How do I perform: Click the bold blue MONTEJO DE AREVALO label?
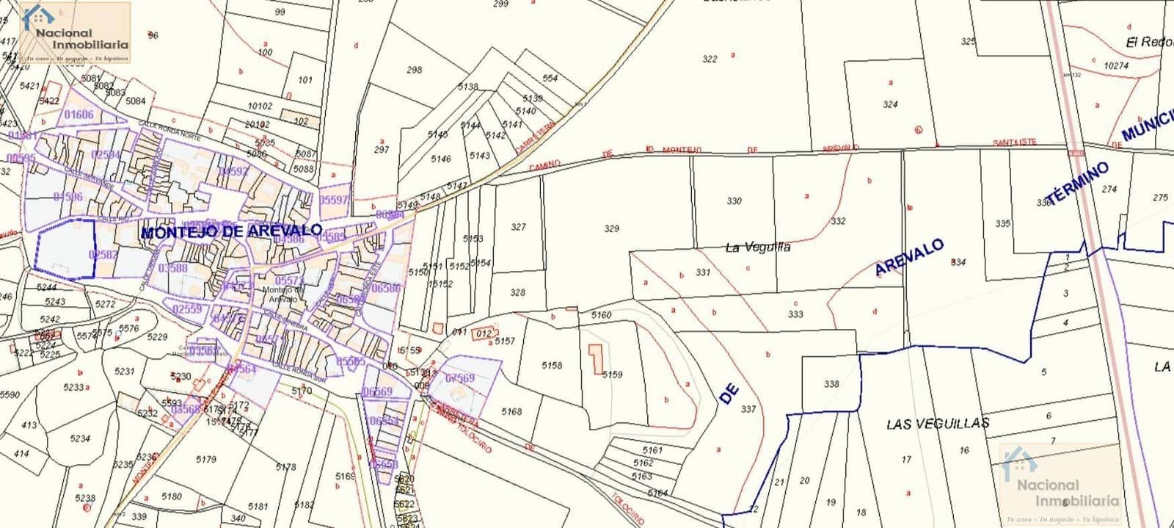pos(231,231)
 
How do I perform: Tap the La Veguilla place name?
pos(757,247)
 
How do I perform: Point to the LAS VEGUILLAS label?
pos(937,424)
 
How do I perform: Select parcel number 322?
pos(710,59)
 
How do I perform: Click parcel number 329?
pos(611,229)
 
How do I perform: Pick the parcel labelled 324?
pos(890,104)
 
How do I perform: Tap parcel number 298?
pos(415,70)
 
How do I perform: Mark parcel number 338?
pos(831,384)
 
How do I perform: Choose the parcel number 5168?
pos(511,412)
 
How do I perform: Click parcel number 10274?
pos(1115,65)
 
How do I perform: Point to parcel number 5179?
pos(206,460)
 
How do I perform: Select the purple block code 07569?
pos(460,378)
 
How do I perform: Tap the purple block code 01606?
pos(79,115)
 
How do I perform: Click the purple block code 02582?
pos(103,254)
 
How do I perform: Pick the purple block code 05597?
pos(334,200)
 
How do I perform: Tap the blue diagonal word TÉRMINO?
pos(1077,184)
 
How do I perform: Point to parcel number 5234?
pos(80,438)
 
